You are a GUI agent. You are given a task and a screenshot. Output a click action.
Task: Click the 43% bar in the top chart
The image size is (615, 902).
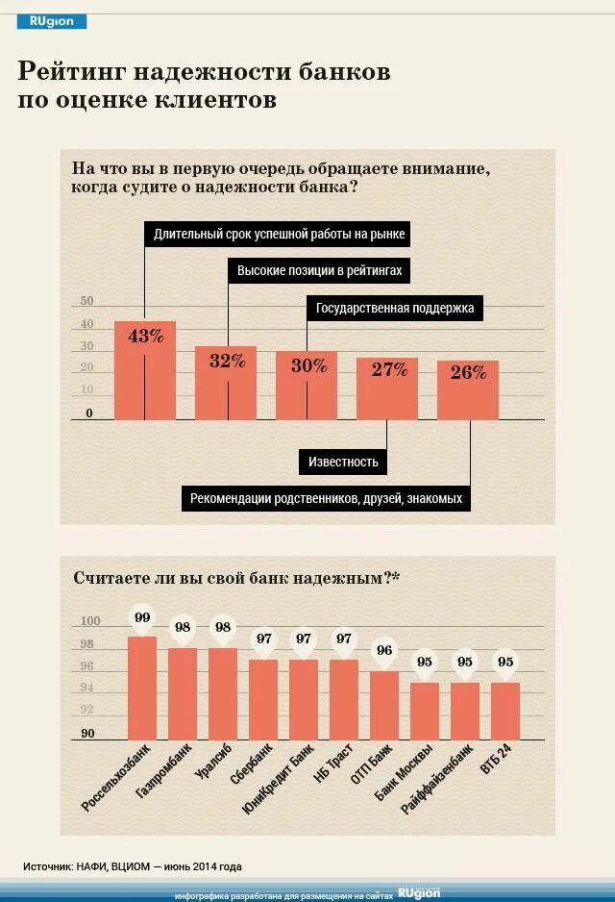[x=145, y=375]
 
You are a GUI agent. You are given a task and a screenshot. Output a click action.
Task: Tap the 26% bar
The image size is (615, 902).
[x=468, y=392]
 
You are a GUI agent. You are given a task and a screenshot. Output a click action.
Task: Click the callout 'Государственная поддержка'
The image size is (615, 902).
[x=395, y=309]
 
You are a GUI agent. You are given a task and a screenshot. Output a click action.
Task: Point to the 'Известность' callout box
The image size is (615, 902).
[x=343, y=462]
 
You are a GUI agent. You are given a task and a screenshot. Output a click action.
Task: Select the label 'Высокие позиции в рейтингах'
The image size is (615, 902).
[x=319, y=271]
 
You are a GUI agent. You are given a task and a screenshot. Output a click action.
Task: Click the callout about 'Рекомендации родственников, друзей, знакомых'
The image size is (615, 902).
[x=326, y=498]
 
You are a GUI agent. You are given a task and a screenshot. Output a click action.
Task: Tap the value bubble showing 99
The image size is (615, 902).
[x=142, y=617]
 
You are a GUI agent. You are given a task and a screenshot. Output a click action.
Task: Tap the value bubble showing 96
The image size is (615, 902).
[x=384, y=650]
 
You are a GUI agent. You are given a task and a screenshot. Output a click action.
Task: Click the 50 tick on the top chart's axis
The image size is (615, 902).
[x=86, y=301]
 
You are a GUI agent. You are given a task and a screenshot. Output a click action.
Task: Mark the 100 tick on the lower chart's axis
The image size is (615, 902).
[x=86, y=622]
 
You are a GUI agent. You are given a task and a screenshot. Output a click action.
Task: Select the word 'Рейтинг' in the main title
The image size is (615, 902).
[x=69, y=72]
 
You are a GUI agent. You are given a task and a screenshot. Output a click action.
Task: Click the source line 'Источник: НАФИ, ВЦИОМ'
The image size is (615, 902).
[x=133, y=864]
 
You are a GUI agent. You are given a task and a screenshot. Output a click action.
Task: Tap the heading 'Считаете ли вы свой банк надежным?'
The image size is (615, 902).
[x=236, y=578]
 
